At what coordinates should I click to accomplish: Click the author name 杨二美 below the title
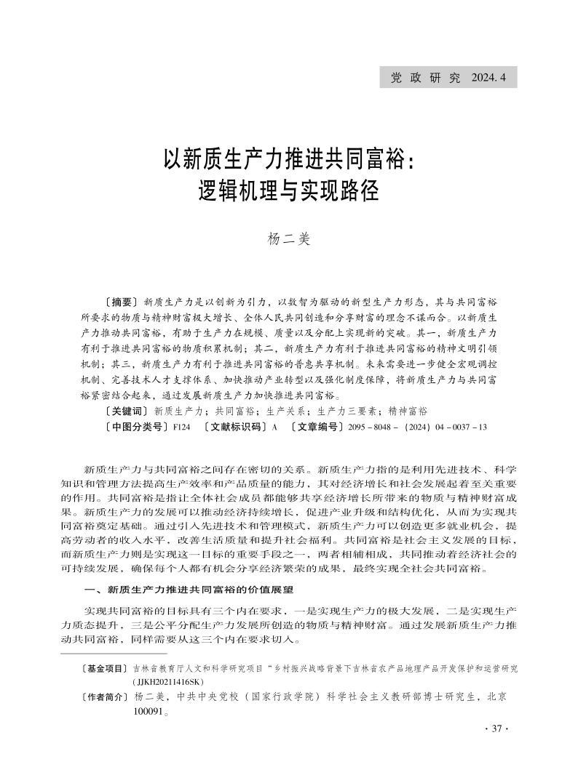click(x=289, y=238)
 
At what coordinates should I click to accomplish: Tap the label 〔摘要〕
click(x=122, y=300)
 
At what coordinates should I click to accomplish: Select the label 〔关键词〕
click(x=127, y=411)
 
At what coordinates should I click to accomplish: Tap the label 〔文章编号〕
click(x=317, y=427)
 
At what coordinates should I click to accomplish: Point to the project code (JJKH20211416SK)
click(x=169, y=682)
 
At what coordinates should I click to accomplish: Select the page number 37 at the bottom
click(x=498, y=729)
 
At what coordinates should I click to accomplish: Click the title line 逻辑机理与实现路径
click(x=289, y=190)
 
